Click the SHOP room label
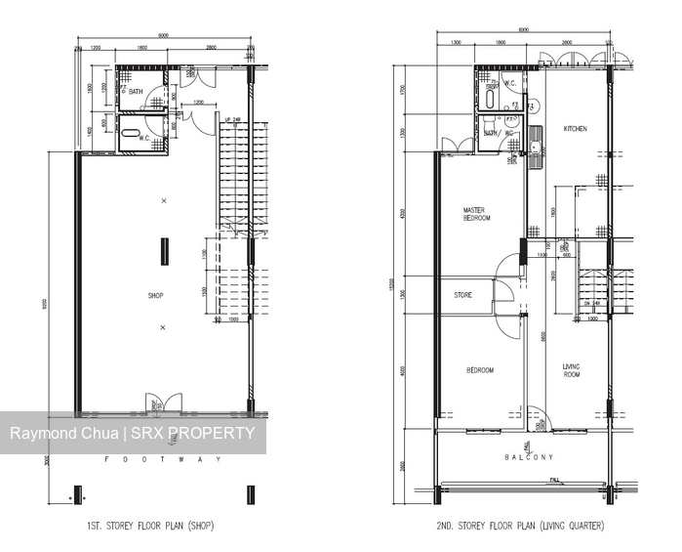click(x=155, y=295)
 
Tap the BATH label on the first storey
click(x=136, y=92)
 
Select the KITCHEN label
click(x=575, y=129)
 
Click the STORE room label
click(x=463, y=295)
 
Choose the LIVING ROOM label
click(x=571, y=370)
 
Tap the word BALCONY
click(x=529, y=457)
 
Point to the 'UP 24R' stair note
click(x=232, y=120)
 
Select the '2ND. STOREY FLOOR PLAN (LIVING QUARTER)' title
click(x=520, y=526)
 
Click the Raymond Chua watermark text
click(x=63, y=434)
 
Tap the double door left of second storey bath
click(x=456, y=147)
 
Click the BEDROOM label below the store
click(x=479, y=370)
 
